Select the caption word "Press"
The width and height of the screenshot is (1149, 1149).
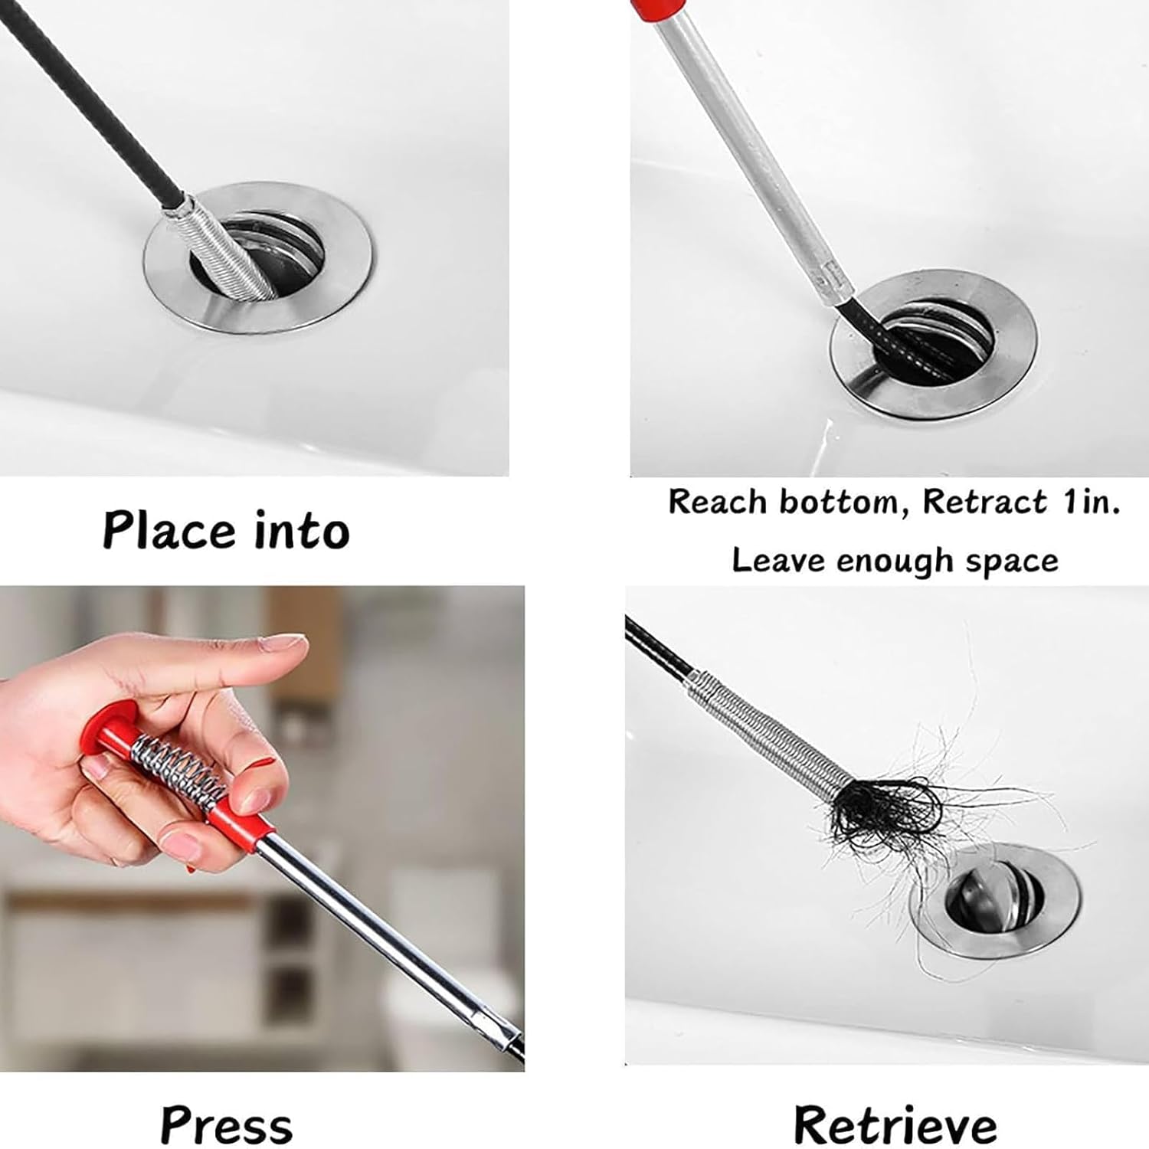[227, 1126]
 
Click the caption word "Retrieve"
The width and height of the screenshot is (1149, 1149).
[895, 1126]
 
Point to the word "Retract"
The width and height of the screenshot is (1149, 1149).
[984, 502]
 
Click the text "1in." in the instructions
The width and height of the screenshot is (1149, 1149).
[1091, 502]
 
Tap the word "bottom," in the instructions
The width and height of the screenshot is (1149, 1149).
[840, 502]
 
